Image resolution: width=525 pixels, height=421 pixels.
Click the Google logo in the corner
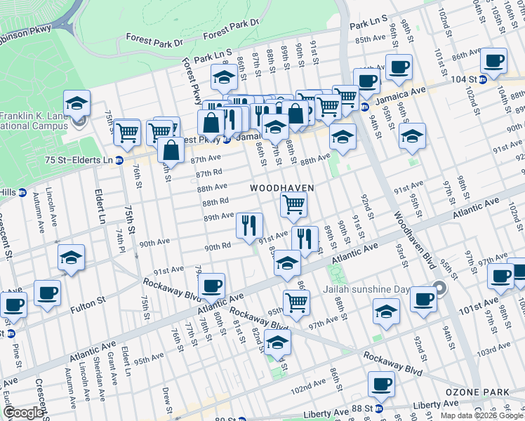click(23, 413)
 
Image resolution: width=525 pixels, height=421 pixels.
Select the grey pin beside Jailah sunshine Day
click(439, 288)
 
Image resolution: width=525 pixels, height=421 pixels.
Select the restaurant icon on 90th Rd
click(249, 225)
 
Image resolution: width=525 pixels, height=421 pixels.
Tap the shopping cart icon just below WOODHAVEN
click(293, 205)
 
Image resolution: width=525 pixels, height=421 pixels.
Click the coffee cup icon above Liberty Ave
click(381, 384)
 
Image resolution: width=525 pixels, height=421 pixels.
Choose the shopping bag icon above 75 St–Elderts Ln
click(171, 149)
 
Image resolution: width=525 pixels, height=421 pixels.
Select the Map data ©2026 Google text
click(481, 415)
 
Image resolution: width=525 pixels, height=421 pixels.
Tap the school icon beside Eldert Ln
click(71, 258)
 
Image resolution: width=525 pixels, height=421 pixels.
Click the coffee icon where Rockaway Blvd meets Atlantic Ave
click(211, 286)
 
